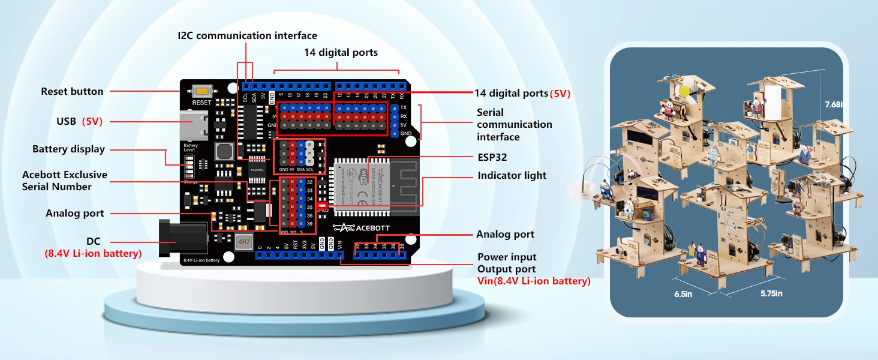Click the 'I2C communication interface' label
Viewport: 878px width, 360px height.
coord(247,36)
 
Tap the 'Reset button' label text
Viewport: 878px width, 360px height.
coord(72,92)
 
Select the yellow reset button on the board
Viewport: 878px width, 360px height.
coord(202,92)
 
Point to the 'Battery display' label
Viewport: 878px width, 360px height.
coord(68,149)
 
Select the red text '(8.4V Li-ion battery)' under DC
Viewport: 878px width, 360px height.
coord(93,254)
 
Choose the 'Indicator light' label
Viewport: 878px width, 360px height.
coord(512,176)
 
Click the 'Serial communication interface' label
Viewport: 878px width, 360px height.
coord(514,125)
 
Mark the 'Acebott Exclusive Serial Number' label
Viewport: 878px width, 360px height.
coord(65,181)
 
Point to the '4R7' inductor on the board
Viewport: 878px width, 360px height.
coord(243,242)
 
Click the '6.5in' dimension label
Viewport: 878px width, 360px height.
coord(684,294)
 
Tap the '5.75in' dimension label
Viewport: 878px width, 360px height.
coord(771,294)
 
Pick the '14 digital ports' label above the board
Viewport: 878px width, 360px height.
coord(341,53)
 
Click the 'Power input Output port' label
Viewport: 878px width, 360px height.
coord(507,263)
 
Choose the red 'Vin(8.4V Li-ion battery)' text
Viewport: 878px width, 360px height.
coord(534,281)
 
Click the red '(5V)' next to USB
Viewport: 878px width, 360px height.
coord(92,122)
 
